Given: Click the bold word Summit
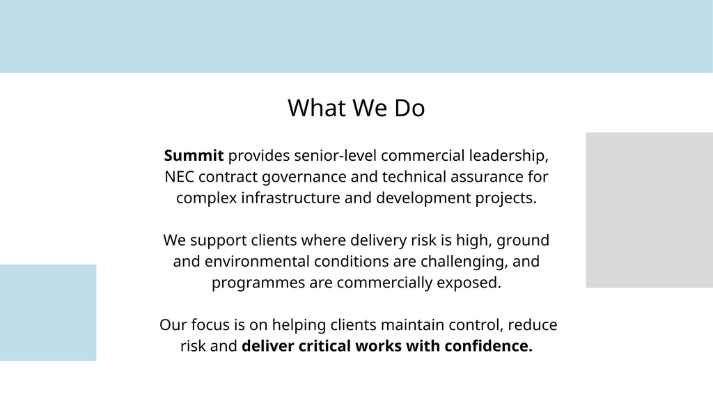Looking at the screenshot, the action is [x=194, y=155].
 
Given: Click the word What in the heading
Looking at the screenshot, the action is [x=317, y=108].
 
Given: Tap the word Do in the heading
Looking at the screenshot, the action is [x=409, y=108].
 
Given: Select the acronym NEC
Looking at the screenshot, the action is [x=179, y=176].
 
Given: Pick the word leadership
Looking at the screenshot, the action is [x=509, y=156].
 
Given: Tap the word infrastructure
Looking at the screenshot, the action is [x=290, y=198].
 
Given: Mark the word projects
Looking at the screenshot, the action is [x=506, y=198].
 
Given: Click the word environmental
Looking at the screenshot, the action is [x=258, y=262].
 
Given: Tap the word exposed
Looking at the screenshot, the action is [x=469, y=283].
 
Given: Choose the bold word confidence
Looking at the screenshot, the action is [x=488, y=346].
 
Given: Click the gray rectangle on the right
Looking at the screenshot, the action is [x=650, y=210].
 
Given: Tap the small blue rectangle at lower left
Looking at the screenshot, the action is [x=48, y=313].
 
